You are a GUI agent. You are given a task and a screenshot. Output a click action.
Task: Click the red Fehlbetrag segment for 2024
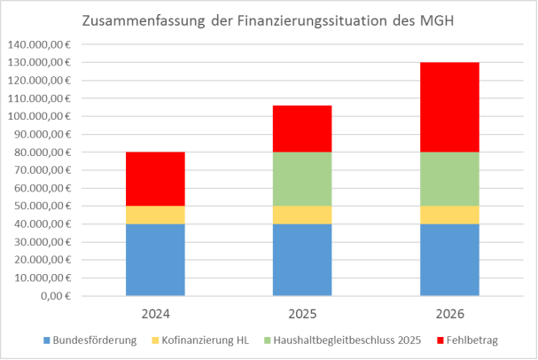(155, 179)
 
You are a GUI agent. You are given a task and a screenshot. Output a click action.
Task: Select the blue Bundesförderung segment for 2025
(301, 259)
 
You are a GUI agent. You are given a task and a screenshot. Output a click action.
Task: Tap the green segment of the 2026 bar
(448, 179)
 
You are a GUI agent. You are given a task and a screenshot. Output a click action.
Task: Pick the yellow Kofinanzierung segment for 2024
(155, 215)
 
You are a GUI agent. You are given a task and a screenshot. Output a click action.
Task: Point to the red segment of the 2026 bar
(448, 107)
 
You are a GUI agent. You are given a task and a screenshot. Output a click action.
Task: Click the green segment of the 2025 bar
(301, 179)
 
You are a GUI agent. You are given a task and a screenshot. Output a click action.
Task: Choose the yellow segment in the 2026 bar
(448, 215)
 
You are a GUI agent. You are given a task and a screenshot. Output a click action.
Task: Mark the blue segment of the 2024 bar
(155, 259)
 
